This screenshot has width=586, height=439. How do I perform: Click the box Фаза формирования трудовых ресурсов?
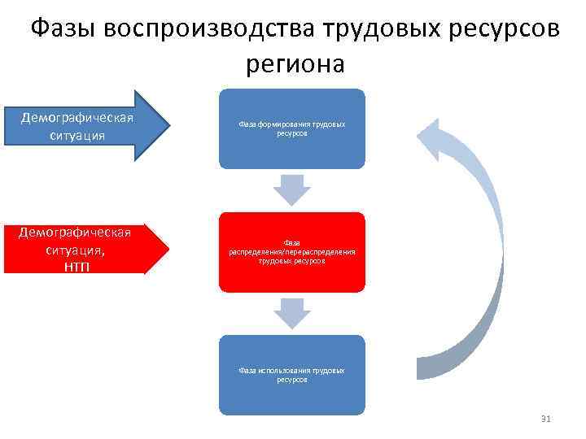point(292,128)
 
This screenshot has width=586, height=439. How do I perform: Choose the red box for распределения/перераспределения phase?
point(292,252)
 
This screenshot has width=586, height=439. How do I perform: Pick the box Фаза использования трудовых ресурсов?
point(292,375)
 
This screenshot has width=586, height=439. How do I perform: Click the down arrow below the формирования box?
point(292,189)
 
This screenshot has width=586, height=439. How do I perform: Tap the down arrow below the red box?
point(292,313)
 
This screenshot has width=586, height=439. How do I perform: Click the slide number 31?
point(546,419)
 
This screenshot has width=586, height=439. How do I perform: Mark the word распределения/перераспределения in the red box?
point(292,252)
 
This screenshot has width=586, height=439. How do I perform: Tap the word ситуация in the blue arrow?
point(77,135)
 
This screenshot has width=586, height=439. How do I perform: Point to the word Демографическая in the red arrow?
point(75,233)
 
